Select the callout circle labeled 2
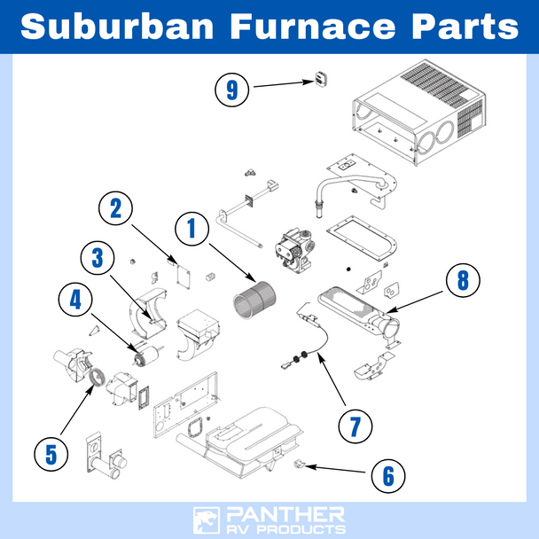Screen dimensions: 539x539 pos(116,209)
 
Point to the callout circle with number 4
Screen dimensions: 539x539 pos(74,301)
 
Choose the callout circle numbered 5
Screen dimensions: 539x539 pos(51,454)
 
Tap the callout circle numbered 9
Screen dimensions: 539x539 pos(232,89)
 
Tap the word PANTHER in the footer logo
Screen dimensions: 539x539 pos(286,513)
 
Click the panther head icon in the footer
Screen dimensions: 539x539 pos(207,519)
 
